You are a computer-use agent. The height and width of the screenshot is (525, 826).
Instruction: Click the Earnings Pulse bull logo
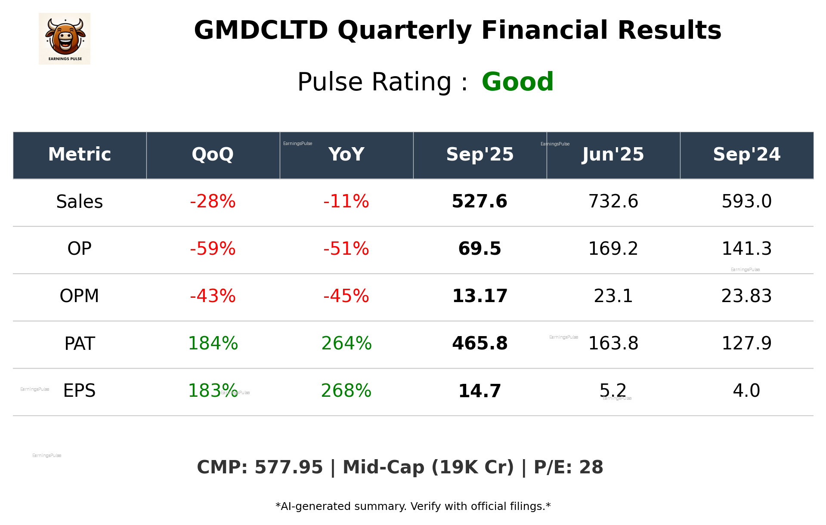coord(65,39)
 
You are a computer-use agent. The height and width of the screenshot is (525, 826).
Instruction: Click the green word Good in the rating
coord(517,82)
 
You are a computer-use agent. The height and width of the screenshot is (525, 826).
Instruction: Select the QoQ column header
coord(213,154)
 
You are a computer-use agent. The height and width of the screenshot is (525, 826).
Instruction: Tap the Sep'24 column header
coord(746,154)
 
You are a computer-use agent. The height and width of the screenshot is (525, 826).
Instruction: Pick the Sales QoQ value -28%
coord(213,202)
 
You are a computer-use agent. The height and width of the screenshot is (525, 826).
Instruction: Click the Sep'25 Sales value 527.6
coord(480,202)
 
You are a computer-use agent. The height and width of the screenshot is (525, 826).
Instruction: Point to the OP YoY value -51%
coord(346,249)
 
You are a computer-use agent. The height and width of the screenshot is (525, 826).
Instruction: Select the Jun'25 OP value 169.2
coord(613,249)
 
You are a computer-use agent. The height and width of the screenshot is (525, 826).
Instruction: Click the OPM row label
coord(79,296)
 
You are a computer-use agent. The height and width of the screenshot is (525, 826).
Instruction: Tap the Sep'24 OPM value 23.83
coord(746,296)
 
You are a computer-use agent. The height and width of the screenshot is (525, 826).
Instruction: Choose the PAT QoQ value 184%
coord(213,344)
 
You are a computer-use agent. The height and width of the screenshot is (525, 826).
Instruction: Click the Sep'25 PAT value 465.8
coord(480,344)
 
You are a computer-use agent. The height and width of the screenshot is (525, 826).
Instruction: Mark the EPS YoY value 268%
coord(346,391)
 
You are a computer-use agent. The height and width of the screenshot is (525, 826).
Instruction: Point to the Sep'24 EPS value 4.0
coord(746,391)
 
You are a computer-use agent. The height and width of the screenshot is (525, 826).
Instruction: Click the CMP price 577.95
coord(288,468)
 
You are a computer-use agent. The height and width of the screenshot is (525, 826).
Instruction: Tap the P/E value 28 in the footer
coord(591,468)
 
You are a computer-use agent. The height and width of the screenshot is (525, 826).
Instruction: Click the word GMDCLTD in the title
coord(261,31)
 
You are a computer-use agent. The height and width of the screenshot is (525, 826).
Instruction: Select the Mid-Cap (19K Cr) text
coord(428,468)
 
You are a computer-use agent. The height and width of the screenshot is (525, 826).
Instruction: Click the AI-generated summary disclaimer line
coord(413,506)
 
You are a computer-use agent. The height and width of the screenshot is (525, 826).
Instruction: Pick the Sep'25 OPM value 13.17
coord(480,296)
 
